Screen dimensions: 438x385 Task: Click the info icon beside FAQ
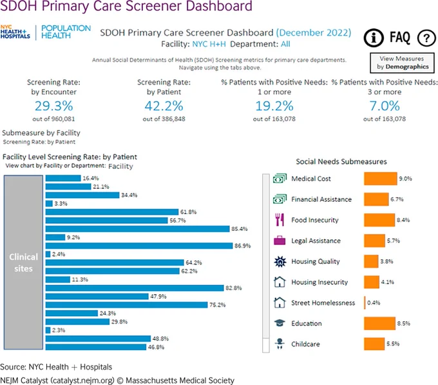[x=374, y=38]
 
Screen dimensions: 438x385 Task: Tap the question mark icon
[x=426, y=38]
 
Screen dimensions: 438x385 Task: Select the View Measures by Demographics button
[x=402, y=63]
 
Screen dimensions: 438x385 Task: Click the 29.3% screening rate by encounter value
[x=53, y=106]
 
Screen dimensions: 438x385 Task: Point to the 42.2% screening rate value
[x=164, y=106]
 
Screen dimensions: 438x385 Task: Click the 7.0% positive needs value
[x=385, y=106]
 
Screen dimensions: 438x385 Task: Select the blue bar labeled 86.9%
[x=139, y=246]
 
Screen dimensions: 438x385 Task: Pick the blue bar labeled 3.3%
[x=49, y=204]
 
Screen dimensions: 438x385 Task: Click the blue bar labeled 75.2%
[x=126, y=305]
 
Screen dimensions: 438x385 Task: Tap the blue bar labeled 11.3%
[x=58, y=279]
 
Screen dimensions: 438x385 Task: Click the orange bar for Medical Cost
[x=381, y=179]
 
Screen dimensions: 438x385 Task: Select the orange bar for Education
[x=379, y=323]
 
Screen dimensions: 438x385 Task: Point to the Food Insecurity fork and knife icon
[x=280, y=220]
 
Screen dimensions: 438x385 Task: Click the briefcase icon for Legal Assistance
[x=280, y=241]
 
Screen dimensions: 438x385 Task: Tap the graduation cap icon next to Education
[x=280, y=323]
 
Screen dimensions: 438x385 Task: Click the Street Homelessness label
[x=323, y=303]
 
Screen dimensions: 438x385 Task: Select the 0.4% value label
[x=374, y=303]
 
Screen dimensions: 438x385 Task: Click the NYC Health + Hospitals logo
[x=15, y=32]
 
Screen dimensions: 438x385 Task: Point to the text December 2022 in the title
[x=314, y=33]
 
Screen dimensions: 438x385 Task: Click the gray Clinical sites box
[x=23, y=262]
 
